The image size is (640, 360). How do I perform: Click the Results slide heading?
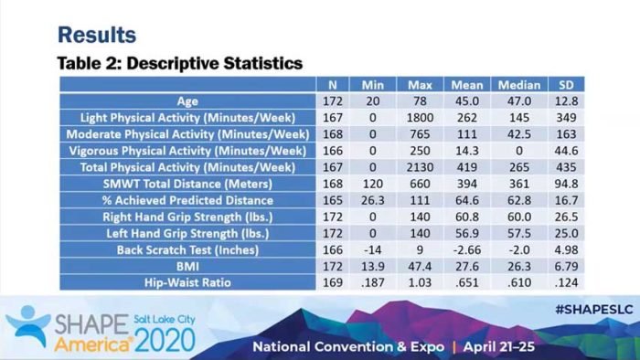click(x=97, y=35)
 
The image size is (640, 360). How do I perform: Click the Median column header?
click(x=519, y=84)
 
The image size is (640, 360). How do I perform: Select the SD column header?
click(x=566, y=84)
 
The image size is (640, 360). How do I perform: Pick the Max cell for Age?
click(x=420, y=101)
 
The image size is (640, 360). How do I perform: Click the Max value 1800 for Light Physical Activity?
click(x=420, y=118)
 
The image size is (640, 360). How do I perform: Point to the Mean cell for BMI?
click(x=467, y=266)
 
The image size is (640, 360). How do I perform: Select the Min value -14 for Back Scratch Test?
click(x=372, y=249)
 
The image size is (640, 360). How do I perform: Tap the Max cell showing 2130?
click(x=420, y=167)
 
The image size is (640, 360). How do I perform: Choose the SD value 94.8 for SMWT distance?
click(x=566, y=184)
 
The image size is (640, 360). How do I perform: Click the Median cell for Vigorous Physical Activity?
click(x=519, y=151)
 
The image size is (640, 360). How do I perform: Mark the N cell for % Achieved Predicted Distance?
click(x=331, y=200)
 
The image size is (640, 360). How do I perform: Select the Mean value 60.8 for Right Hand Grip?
click(x=467, y=217)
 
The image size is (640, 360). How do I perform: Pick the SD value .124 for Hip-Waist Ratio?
click(x=566, y=282)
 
